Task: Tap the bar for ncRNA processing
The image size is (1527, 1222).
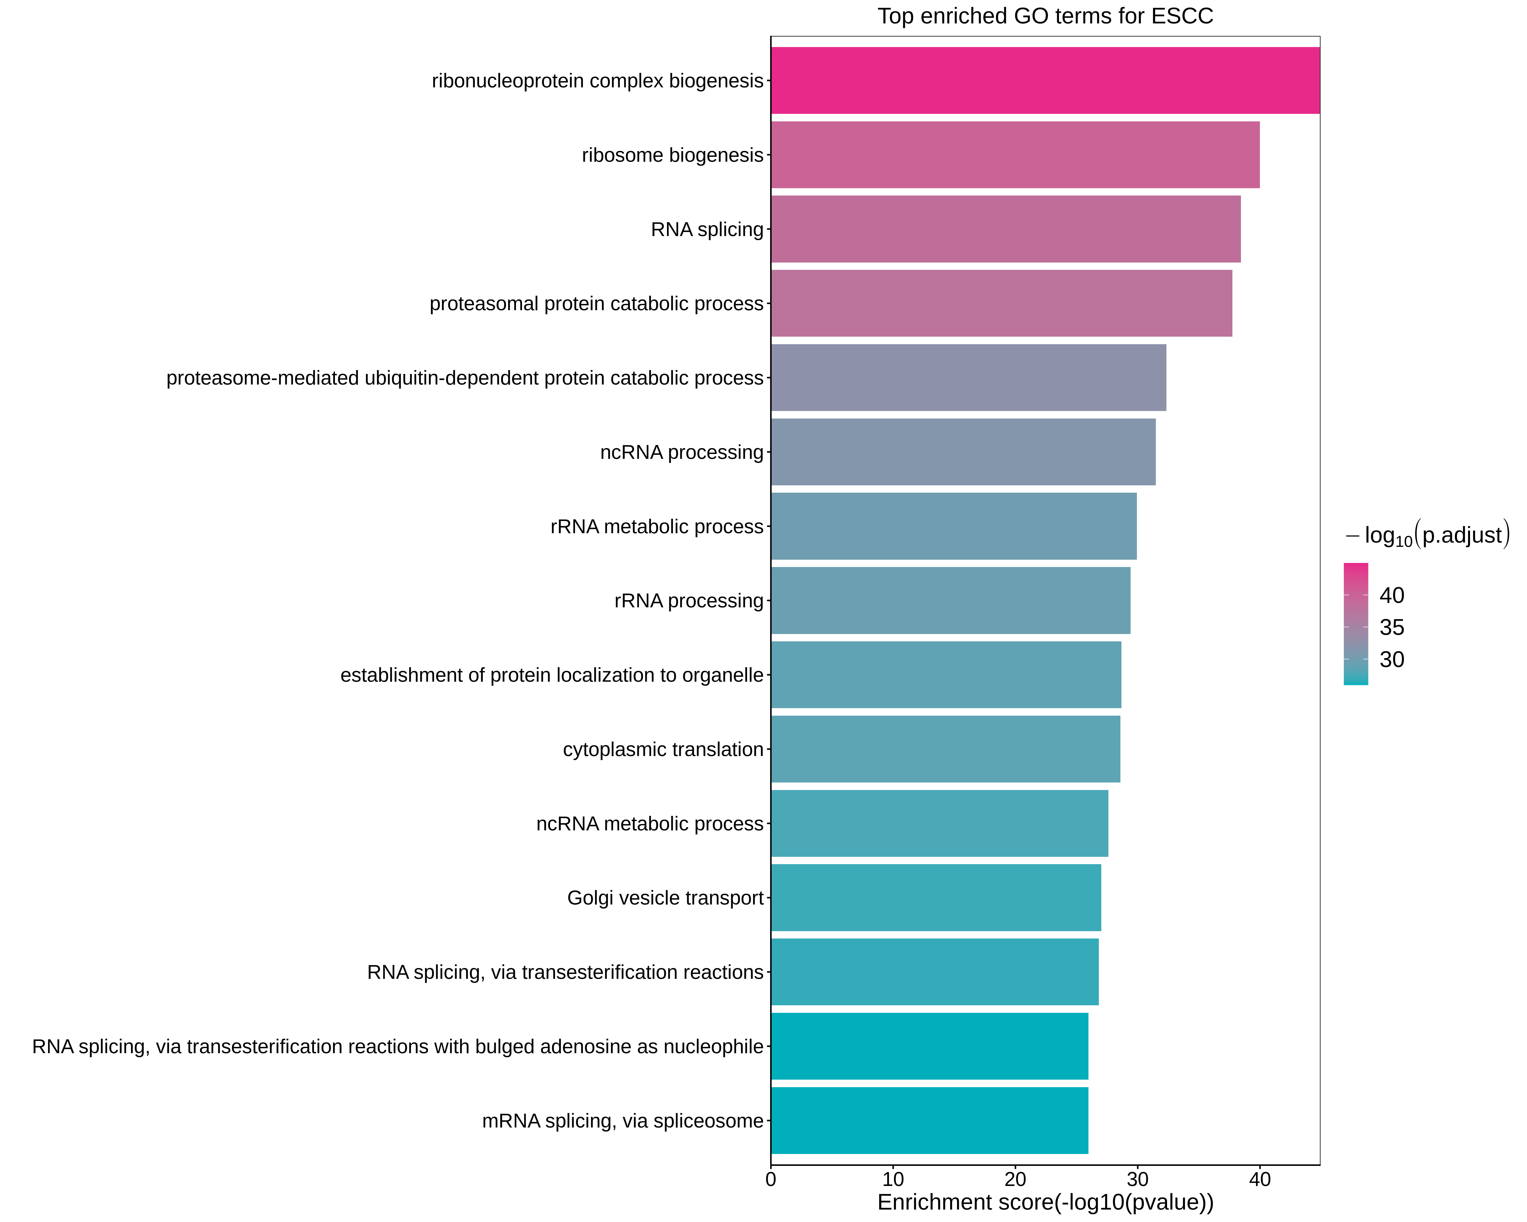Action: (963, 452)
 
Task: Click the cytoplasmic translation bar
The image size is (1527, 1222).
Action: (945, 749)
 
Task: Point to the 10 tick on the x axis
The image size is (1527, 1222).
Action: (893, 1179)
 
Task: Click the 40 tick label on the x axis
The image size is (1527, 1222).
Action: (1259, 1179)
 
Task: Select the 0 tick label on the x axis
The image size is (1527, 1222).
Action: (771, 1179)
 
